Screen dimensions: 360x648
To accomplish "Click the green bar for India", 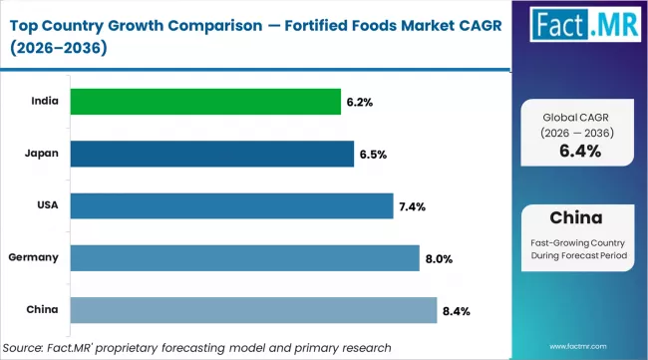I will pos(205,102).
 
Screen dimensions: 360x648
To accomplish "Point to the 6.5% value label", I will pos(372,155).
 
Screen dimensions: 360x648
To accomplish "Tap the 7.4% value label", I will pos(412,206).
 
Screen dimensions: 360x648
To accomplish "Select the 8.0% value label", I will pos(439,258).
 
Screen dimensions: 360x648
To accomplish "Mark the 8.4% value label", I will pos(456,311).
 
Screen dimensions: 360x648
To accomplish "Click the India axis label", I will pos(45,101).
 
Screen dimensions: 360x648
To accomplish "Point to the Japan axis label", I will pos(43,154).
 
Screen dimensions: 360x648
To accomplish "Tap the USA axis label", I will pos(46,205).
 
